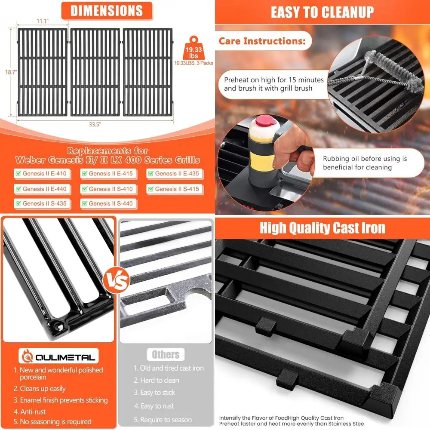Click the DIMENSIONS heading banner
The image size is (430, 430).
pos(106,11)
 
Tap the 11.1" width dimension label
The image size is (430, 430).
pos(42,21)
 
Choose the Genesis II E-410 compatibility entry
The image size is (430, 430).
pos(41,174)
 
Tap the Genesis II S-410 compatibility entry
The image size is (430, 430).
pos(107,189)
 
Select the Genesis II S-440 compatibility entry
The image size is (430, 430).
pos(107,203)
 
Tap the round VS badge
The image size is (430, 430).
pos(117,280)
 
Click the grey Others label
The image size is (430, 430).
pos(166,355)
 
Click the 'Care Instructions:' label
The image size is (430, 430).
pos(262,41)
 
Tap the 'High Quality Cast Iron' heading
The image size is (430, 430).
pos(322,227)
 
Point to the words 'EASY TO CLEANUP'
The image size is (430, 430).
pos(322,12)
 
